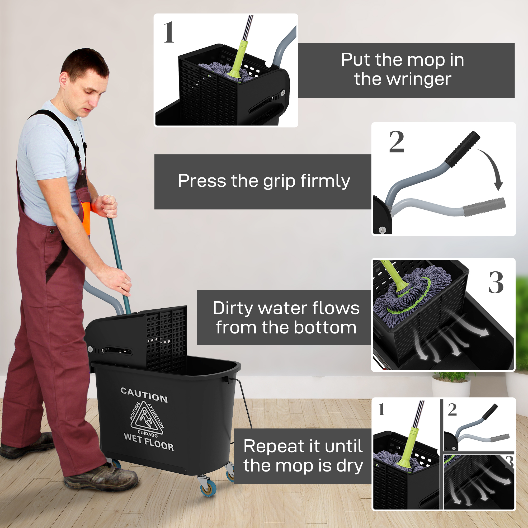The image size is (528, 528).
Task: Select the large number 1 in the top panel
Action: [x=169, y=33]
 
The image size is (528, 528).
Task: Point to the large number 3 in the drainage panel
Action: [x=496, y=283]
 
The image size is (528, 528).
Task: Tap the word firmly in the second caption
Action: [x=325, y=181]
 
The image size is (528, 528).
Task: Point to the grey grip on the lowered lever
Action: [x=484, y=207]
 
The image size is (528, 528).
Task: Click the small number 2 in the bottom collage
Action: [x=452, y=410]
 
